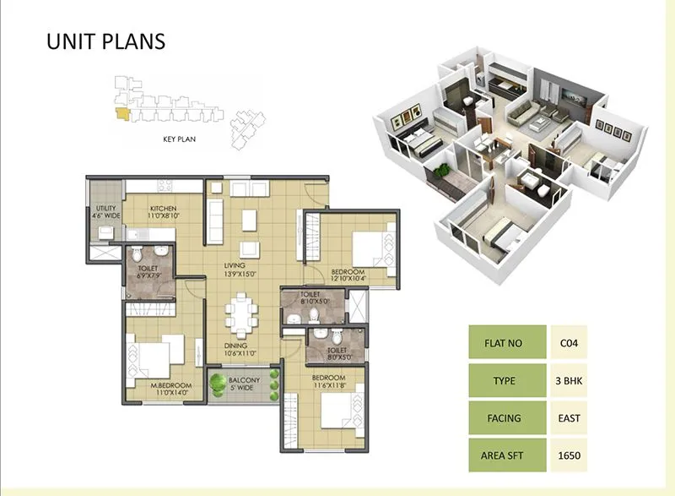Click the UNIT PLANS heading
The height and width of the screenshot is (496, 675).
pyautogui.click(x=105, y=41)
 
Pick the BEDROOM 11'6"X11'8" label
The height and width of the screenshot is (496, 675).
pyautogui.click(x=329, y=381)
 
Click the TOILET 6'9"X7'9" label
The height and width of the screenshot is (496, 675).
pyautogui.click(x=148, y=271)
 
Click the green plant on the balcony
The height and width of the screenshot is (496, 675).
pyautogui.click(x=221, y=384)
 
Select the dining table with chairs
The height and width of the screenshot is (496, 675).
pyautogui.click(x=241, y=315)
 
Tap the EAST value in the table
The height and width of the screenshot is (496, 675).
pyautogui.click(x=567, y=418)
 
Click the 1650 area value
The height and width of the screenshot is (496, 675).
pyautogui.click(x=567, y=455)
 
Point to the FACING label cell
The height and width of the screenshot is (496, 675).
pyautogui.click(x=506, y=418)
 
